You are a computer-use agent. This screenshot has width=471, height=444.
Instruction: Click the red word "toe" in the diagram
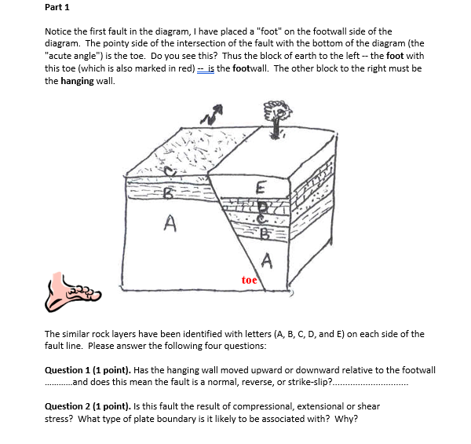point(249,280)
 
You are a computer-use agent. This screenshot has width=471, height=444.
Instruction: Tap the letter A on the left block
point(170,224)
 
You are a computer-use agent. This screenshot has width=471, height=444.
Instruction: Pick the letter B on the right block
point(265,233)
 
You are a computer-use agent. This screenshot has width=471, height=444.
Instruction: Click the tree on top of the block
point(276,118)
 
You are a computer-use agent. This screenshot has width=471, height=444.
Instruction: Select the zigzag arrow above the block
point(209,115)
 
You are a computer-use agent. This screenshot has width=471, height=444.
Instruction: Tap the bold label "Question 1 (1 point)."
point(87,370)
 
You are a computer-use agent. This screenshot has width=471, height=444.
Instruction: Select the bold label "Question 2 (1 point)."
point(87,407)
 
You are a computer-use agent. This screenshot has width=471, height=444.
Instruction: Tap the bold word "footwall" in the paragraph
point(256,68)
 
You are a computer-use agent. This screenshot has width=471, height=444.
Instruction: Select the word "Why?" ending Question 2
point(347,418)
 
